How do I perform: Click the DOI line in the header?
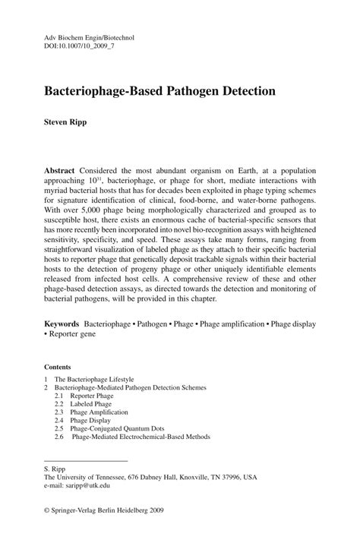click(x=71, y=46)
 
